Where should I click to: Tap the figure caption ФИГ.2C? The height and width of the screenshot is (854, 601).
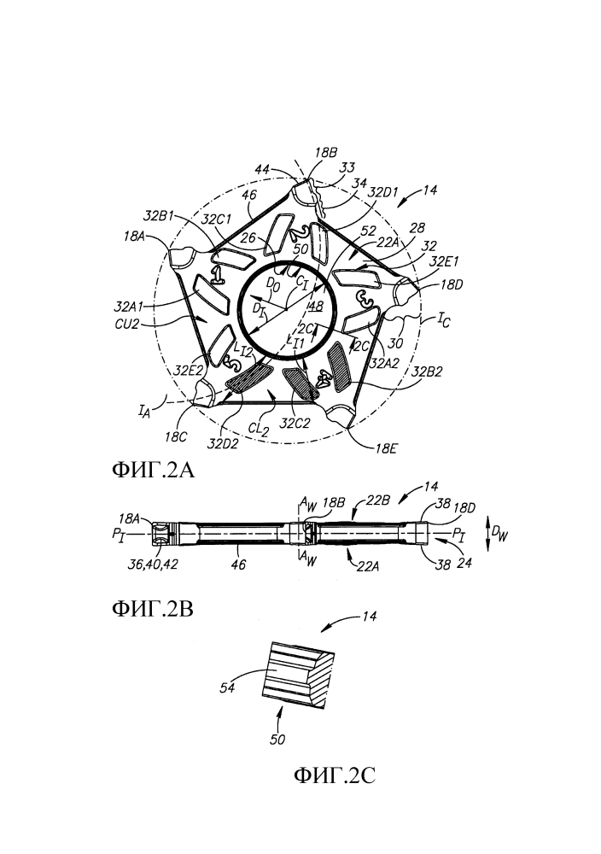coord(335,775)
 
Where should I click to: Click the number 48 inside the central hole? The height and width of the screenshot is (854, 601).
coord(315,306)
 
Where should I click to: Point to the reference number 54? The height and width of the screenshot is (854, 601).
coord(228,687)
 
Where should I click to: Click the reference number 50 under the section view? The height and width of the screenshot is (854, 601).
coord(277,740)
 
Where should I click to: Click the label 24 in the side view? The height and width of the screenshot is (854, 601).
coord(464,562)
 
